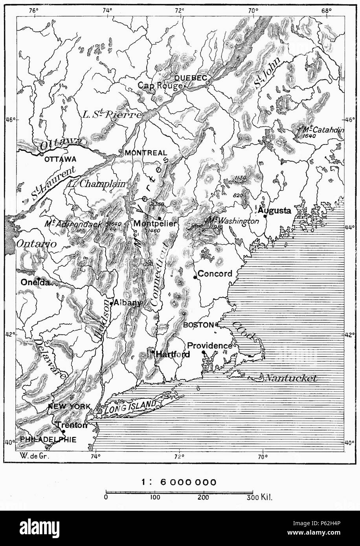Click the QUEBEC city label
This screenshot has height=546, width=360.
191,78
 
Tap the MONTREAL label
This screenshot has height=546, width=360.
145,153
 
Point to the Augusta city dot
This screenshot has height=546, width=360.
265,216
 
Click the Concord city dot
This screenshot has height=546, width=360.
195,277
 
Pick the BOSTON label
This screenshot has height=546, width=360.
199,325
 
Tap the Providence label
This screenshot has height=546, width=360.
209,346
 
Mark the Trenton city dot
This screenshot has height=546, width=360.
64,431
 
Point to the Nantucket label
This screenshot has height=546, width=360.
290,378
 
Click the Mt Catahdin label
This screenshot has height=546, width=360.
322,129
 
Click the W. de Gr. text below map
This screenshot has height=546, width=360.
30,456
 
